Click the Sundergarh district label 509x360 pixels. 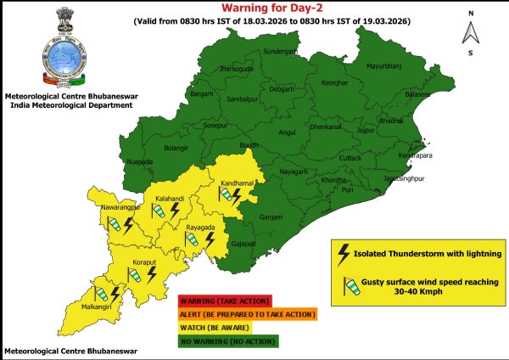click(282, 51)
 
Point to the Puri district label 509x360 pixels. click(348, 189)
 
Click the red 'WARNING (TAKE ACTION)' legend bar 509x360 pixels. click(225, 300)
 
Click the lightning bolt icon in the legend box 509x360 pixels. click(344, 252)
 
